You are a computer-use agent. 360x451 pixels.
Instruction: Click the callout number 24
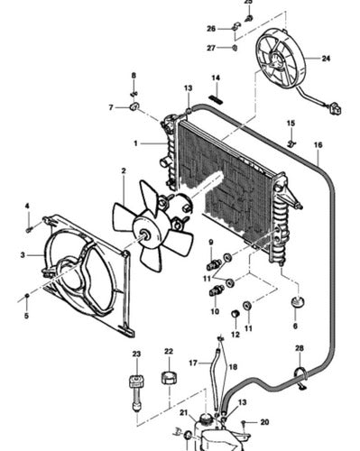(326, 59)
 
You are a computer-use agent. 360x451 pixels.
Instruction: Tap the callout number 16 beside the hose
(318, 145)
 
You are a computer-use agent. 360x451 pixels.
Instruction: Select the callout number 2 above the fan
(124, 170)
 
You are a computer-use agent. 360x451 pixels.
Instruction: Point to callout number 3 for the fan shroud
(23, 255)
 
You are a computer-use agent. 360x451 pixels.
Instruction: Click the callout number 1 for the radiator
(135, 143)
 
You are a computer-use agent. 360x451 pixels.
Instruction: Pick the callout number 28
(300, 348)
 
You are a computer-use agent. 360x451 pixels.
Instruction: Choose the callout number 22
(169, 351)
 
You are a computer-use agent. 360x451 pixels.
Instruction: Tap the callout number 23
(136, 354)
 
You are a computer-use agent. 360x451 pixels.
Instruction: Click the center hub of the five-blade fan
(144, 235)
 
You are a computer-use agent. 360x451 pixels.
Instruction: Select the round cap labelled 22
(169, 378)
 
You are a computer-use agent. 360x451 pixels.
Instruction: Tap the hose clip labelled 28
(300, 376)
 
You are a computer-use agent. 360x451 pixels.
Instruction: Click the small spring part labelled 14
(216, 99)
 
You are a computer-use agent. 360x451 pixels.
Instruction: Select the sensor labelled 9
(213, 263)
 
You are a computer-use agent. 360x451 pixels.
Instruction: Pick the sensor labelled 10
(216, 290)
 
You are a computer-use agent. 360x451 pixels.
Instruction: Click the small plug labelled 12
(235, 314)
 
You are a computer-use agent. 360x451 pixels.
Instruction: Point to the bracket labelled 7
(134, 106)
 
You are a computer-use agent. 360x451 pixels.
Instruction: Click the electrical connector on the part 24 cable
(336, 109)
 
